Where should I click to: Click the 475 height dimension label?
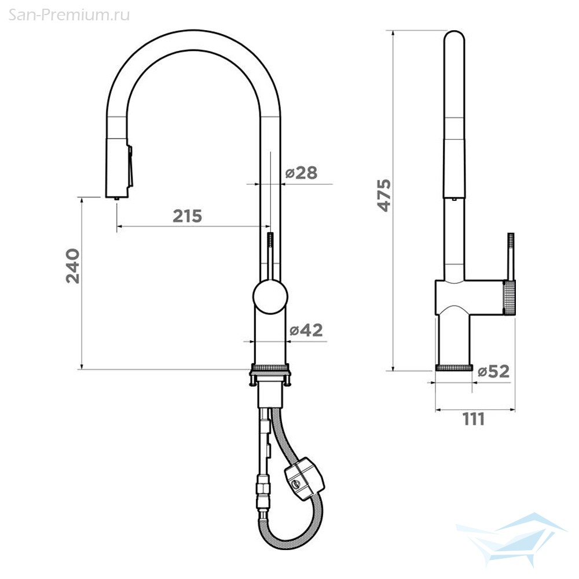pos(384,195)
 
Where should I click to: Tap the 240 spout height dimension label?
pos(73,266)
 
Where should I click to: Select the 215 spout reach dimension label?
pos(188,216)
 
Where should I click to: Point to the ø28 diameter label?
pos(301,173)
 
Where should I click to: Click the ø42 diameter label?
pos(306,330)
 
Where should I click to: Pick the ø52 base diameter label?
pos(494,371)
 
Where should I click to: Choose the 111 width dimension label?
pos(474,419)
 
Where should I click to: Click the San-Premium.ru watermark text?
pos(69,15)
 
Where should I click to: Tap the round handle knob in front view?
pos(270,297)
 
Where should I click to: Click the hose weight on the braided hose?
pos(305,479)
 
